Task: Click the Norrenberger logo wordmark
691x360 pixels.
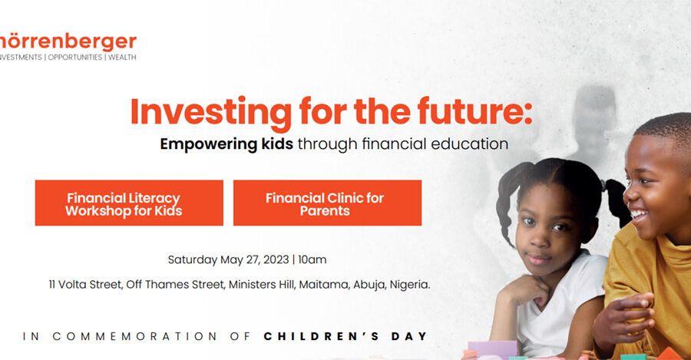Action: (x=68, y=42)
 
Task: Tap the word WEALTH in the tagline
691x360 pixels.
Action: (x=122, y=58)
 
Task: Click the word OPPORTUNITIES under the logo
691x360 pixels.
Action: (x=75, y=58)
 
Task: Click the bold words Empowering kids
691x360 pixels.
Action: (x=226, y=144)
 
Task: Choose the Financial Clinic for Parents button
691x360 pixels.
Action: (x=327, y=203)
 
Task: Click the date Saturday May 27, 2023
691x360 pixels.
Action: (x=228, y=260)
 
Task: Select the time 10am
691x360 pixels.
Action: (x=312, y=259)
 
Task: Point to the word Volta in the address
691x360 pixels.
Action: (x=72, y=285)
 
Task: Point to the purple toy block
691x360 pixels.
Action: (x=492, y=349)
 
